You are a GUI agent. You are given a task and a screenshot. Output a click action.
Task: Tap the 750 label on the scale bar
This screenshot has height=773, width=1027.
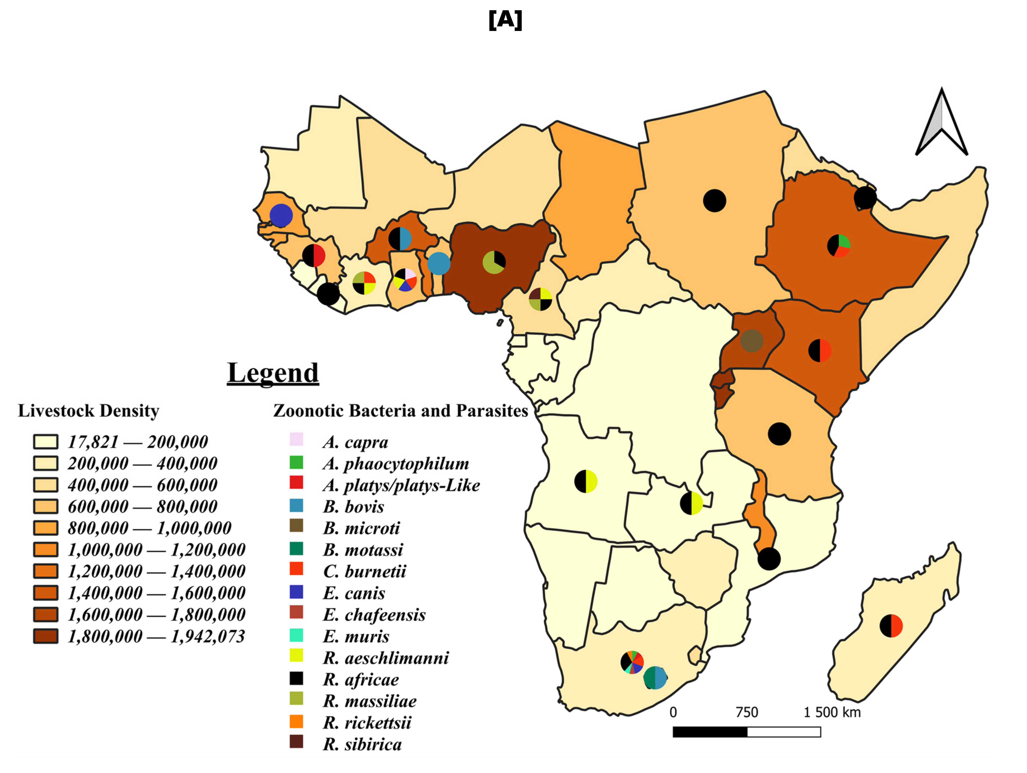[x=746, y=712]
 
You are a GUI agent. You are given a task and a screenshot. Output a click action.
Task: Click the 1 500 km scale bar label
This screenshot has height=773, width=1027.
[x=832, y=712]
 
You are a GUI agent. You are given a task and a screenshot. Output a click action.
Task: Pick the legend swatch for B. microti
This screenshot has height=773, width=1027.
[x=296, y=525]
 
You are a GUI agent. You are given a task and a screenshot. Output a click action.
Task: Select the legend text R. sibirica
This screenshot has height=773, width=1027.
[x=362, y=744]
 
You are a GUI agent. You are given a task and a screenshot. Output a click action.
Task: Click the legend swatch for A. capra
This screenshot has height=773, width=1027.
[x=296, y=439]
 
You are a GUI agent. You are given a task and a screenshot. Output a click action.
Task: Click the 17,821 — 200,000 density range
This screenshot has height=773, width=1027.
[x=137, y=442]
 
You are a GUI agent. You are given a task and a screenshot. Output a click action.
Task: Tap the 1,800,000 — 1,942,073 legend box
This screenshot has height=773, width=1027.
[x=46, y=636]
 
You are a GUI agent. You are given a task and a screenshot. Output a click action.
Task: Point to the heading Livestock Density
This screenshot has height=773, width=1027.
[x=88, y=411]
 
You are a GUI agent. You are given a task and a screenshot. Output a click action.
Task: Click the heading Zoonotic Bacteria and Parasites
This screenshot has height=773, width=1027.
[x=400, y=411]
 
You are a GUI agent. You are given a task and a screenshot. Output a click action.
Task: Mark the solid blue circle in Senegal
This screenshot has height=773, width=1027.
[x=281, y=215]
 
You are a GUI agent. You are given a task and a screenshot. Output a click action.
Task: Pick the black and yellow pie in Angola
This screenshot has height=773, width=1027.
[x=586, y=481]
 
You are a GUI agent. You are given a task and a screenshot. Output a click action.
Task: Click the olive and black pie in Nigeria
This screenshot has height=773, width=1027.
[x=494, y=262]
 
